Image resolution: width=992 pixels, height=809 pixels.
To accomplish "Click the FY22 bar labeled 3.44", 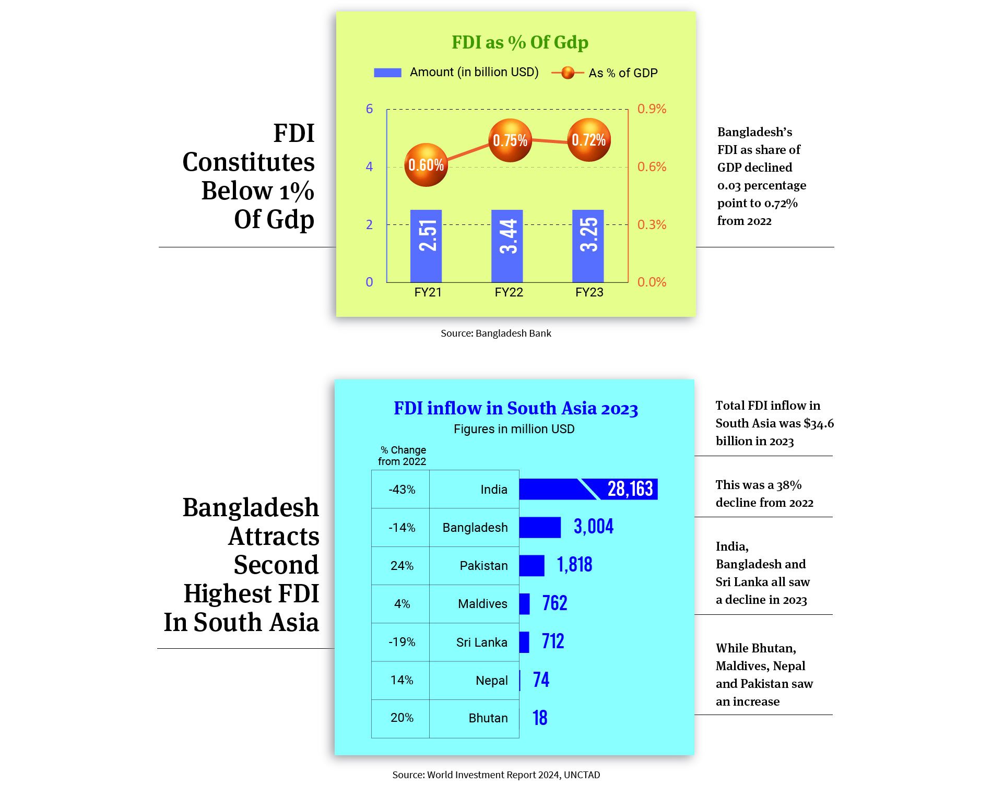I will point(507,246).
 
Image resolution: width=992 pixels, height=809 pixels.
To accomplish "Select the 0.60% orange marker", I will point(426,165).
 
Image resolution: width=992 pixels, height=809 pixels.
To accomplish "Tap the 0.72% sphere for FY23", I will point(589,140).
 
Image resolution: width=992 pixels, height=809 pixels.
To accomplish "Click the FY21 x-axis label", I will point(428,292).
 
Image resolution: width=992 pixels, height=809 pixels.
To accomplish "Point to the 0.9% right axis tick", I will point(652,109).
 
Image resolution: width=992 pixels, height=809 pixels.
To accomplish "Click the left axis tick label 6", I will point(369,109).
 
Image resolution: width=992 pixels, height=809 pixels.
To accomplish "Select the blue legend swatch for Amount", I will point(387,73).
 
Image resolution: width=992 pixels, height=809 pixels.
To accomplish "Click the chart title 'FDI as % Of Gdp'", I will point(519,42).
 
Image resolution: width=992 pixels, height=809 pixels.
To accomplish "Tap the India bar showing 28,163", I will point(588,489).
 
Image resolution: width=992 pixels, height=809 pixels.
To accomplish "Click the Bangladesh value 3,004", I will point(594,527).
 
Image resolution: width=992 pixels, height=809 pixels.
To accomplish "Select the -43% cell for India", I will point(401,490).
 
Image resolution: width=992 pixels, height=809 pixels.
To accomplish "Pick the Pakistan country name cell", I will point(483,566).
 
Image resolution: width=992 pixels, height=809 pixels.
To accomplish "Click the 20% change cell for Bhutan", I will point(401,718).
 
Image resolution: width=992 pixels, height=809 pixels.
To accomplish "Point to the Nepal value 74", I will point(541,680).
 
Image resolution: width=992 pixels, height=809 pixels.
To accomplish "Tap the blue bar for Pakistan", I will point(532,566).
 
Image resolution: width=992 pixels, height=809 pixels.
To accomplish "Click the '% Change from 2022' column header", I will point(402,456).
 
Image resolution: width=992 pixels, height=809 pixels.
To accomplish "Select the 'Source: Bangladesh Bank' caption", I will point(495,334).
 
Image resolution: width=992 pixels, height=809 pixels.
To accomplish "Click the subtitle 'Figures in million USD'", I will point(514,429).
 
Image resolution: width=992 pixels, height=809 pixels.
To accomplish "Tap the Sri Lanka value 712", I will point(553,641).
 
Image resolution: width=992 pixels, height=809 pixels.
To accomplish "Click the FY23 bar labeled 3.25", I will point(588,246).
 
